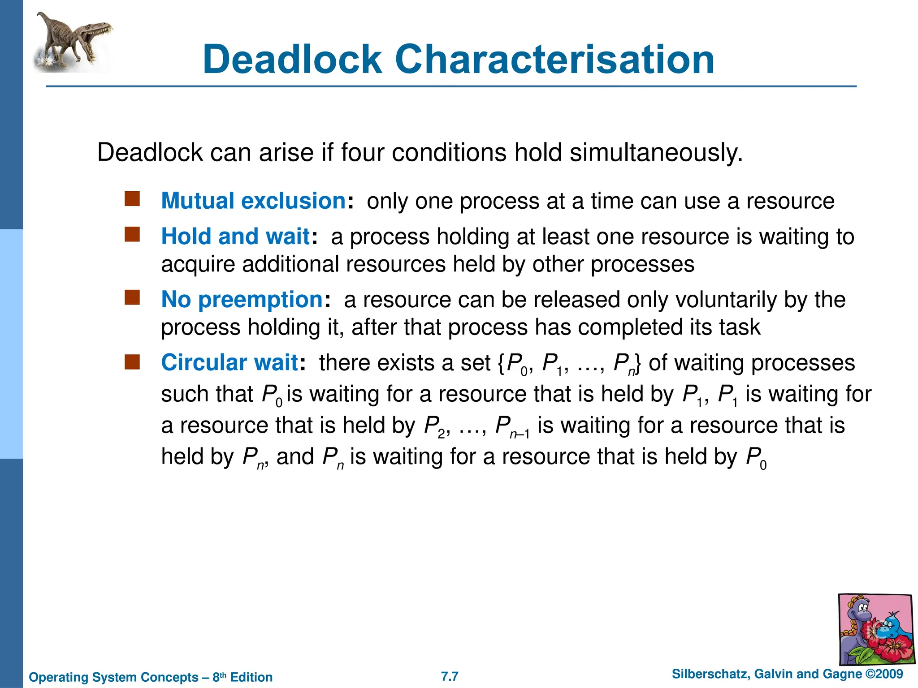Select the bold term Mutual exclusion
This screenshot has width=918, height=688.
pyautogui.click(x=253, y=201)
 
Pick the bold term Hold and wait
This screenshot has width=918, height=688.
pyautogui.click(x=235, y=236)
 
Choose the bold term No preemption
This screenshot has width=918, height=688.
pyautogui.click(x=242, y=299)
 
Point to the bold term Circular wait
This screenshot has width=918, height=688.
pyautogui.click(x=229, y=362)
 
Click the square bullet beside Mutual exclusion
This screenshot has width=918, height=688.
pyautogui.click(x=132, y=198)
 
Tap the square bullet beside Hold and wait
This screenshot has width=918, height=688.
pyautogui.click(x=132, y=234)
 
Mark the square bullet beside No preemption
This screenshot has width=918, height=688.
pyautogui.click(x=132, y=297)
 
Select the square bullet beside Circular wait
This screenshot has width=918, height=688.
pyautogui.click(x=132, y=361)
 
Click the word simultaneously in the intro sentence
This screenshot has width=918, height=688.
pyautogui.click(x=656, y=153)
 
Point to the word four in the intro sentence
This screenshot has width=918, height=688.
pyautogui.click(x=362, y=153)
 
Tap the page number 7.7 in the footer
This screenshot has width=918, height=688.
pyautogui.click(x=450, y=676)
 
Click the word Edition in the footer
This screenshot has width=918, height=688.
pyautogui.click(x=251, y=677)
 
